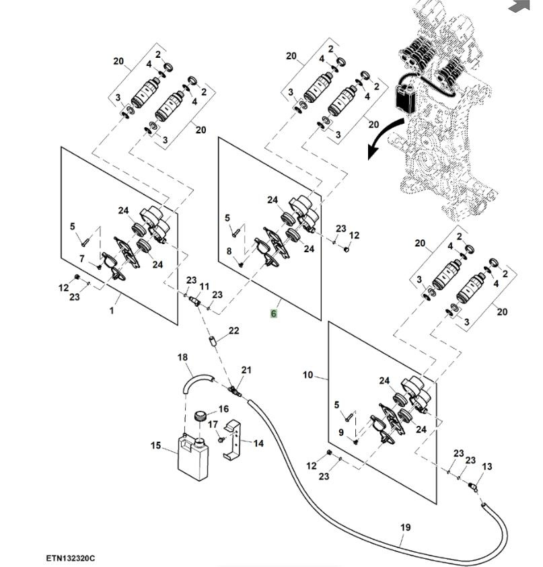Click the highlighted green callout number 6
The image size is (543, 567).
274,313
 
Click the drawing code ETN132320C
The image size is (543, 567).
71,558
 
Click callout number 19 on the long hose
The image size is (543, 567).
405,528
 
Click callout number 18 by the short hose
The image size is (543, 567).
182,357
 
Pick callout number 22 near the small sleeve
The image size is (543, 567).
233,330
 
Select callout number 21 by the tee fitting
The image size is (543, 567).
246,370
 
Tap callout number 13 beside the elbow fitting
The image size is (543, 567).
487,467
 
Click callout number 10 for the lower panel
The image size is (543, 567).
307,375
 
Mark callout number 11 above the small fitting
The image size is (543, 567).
204,287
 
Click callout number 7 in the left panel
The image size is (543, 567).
81,259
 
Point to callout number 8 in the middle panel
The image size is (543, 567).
229,252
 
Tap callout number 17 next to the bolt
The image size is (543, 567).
213,424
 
